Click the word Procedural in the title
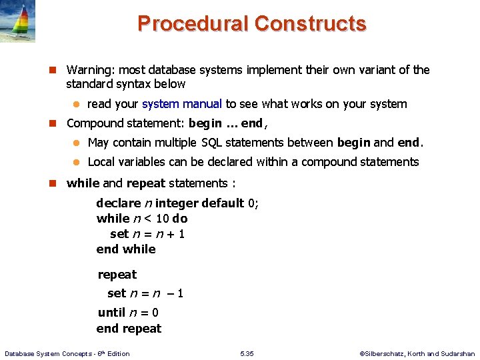click(193, 23)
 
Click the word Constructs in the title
click(310, 23)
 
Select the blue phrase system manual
click(182, 103)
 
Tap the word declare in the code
click(119, 203)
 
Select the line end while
click(126, 249)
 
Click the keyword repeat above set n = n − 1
click(117, 275)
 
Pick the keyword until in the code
click(111, 313)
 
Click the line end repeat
click(129, 329)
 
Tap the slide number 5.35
click(247, 353)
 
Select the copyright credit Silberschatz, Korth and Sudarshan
click(419, 353)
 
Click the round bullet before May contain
click(76, 143)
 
